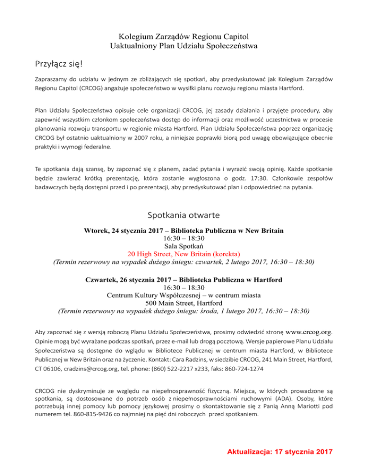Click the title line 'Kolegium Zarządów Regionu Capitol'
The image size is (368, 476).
(184, 36)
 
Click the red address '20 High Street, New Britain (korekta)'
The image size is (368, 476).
(184, 253)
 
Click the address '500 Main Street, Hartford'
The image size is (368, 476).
(184, 302)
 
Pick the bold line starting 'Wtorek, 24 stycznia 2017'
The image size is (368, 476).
(184, 230)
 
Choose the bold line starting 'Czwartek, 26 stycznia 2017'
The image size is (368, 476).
(184, 279)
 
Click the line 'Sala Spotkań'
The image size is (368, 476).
(184, 246)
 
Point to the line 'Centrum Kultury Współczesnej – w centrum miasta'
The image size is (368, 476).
(184, 295)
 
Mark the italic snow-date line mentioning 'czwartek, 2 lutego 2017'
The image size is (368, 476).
(184, 262)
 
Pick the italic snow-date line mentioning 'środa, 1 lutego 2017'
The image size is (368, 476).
(184, 310)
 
